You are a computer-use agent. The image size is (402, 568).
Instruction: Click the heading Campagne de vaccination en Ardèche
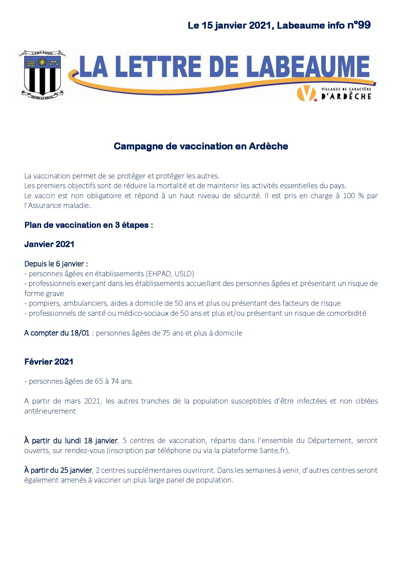[201, 146]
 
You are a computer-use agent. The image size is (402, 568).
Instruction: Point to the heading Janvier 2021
[49, 244]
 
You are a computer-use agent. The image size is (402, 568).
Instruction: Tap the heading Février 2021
[49, 362]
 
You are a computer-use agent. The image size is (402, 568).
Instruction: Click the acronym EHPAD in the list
[159, 274]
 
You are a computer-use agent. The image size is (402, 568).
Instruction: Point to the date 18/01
[80, 333]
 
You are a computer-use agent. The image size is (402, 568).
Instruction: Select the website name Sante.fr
[273, 450]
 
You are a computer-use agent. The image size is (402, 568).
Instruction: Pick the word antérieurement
[50, 411]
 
